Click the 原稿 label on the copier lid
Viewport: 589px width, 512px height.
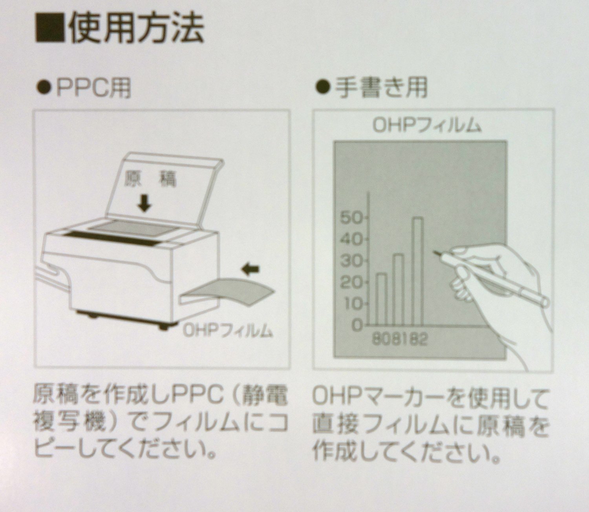[150, 180]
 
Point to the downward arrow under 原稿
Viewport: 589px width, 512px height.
[144, 203]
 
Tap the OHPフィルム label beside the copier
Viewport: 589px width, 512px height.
[228, 331]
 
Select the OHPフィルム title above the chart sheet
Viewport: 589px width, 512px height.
[427, 126]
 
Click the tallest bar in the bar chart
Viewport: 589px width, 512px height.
[417, 271]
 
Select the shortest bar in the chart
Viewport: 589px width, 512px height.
[382, 299]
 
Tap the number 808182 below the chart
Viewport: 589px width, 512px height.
[400, 339]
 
